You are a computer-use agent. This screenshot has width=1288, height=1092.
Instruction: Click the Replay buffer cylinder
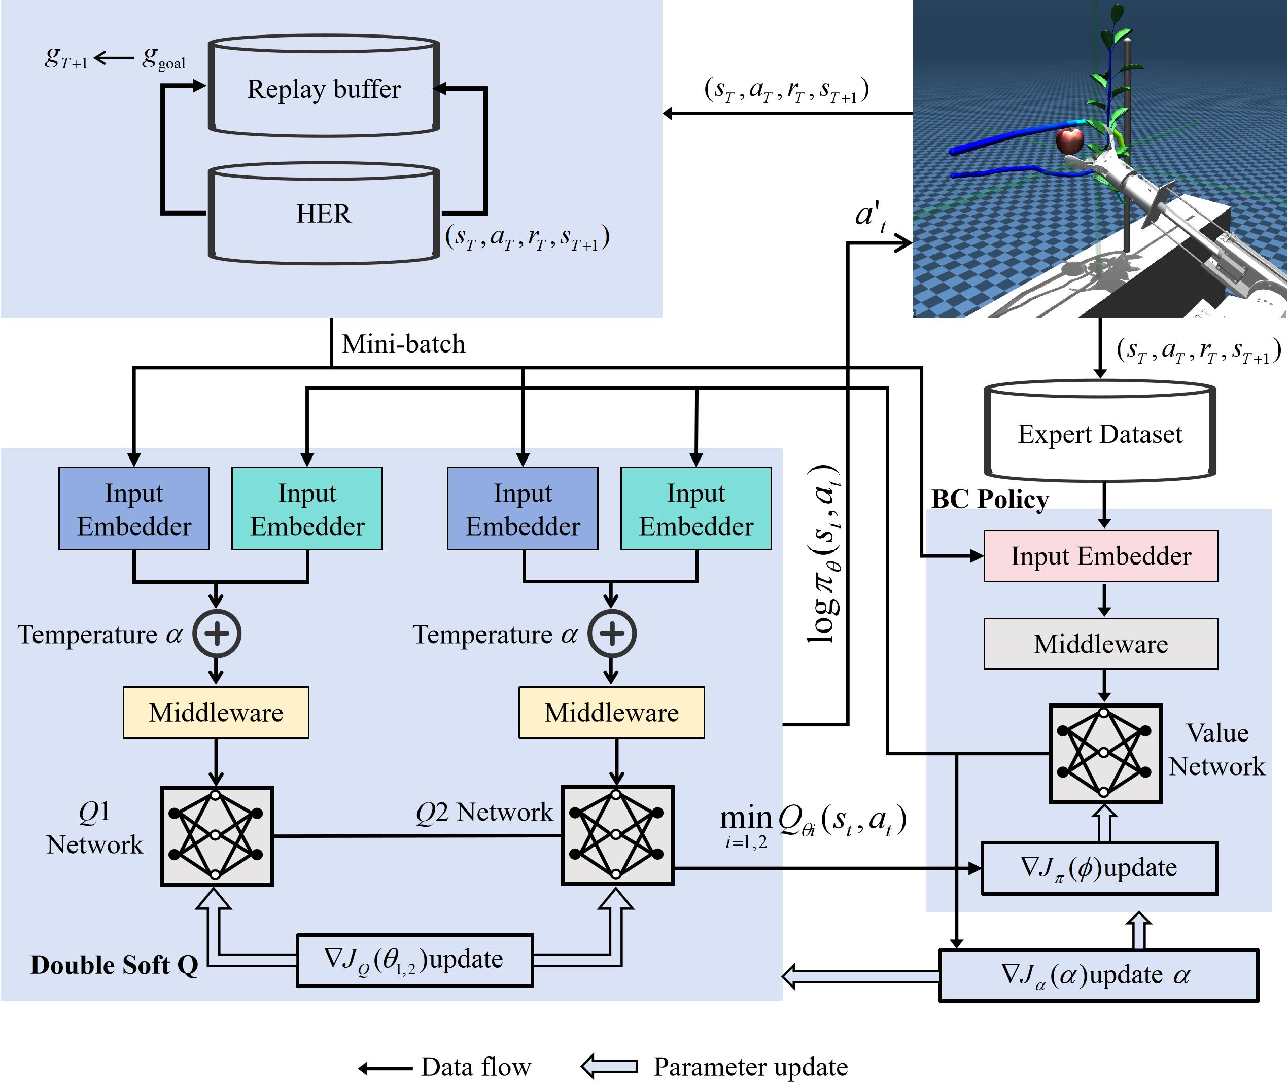[x=324, y=87]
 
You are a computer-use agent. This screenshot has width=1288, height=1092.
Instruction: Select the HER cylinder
[x=324, y=214]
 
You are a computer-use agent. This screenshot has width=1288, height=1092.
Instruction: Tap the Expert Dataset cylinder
[x=1100, y=433]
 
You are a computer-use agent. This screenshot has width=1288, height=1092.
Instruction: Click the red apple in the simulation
[x=1069, y=140]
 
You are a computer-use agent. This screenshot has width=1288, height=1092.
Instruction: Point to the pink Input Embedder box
[x=1100, y=555]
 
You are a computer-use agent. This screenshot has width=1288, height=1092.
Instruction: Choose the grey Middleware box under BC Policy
[x=1100, y=644]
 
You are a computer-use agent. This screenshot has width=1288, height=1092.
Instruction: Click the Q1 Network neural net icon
[x=216, y=836]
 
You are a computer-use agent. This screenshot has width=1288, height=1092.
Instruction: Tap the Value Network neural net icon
[x=1105, y=753]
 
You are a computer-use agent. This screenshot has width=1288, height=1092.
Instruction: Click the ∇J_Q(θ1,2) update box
[x=414, y=960]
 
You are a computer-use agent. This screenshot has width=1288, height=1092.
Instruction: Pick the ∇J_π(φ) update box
[x=1099, y=868]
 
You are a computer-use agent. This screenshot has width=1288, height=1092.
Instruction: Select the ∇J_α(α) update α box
[x=1098, y=975]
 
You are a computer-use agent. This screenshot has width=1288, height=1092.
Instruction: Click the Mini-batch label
[x=403, y=343]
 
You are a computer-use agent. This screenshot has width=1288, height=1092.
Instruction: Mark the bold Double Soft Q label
[x=115, y=965]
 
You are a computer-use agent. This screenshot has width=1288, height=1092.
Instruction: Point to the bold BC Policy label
[x=990, y=499]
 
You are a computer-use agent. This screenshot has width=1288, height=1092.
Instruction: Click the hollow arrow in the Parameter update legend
[x=609, y=1066]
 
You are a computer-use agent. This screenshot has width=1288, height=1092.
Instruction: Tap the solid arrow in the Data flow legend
[x=385, y=1068]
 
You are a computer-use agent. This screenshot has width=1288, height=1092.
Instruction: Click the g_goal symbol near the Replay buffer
[x=163, y=59]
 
